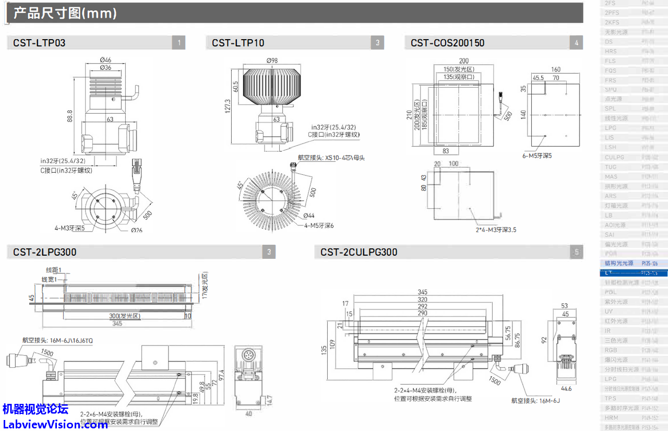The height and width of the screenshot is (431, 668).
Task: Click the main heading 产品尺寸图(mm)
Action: [65, 13]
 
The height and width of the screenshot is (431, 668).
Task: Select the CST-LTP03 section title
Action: [39, 43]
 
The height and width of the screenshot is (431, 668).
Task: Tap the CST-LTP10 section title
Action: [238, 43]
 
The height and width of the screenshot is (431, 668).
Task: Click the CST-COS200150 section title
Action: [447, 43]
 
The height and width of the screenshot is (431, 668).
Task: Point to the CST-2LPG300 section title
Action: [45, 252]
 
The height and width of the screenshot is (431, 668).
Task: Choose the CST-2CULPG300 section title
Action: [359, 252]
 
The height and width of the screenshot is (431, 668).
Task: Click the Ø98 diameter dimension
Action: [272, 61]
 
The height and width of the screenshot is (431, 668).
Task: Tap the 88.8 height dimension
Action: [70, 116]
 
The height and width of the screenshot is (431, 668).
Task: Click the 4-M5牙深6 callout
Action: [319, 225]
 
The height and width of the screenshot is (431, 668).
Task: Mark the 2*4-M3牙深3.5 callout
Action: [496, 230]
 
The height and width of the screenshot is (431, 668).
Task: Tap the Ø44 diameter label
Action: [308, 215]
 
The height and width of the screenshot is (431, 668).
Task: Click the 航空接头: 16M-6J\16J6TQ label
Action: [57, 340]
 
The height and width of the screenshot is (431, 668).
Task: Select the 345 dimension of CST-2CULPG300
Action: [422, 292]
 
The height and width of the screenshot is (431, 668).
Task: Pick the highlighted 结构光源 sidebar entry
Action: [619, 264]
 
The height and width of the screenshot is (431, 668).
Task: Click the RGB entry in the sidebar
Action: [611, 350]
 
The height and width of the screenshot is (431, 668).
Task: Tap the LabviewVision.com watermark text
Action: [55, 424]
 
